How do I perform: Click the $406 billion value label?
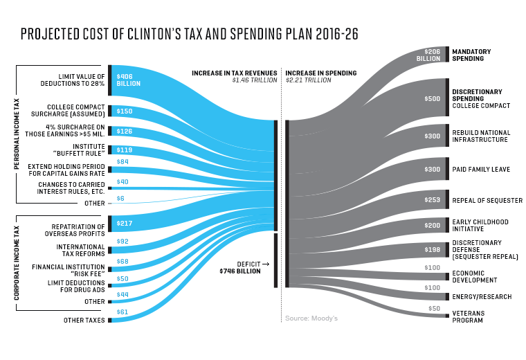pos(128,80)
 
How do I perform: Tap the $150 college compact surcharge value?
pos(125,111)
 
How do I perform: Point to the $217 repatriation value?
pos(125,223)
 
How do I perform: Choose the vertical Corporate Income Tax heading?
pos(17,258)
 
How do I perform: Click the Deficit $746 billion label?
pos(240,267)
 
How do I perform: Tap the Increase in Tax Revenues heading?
pos(236,73)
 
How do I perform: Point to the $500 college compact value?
pos(432,99)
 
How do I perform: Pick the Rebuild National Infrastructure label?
pos(481,136)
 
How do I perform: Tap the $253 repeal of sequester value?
pos(431,199)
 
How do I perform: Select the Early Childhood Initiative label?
pos(480,225)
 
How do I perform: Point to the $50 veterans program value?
pos(434,307)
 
